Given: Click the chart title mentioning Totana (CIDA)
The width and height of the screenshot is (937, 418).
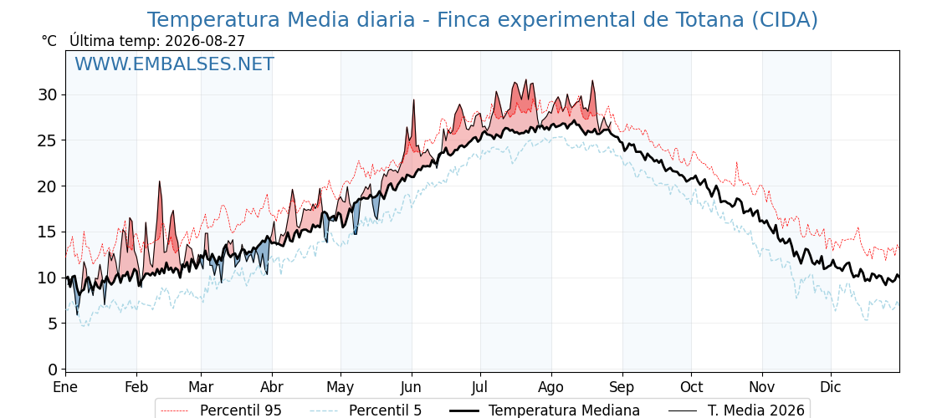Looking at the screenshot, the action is pos(482,20).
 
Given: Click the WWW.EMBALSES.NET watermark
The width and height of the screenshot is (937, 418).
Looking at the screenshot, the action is pos(175,64).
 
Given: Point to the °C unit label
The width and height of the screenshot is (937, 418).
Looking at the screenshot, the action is pos(49,41).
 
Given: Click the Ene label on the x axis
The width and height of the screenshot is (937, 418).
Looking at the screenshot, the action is pos(66,388).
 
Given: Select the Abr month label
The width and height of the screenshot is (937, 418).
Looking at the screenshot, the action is pos(272,388).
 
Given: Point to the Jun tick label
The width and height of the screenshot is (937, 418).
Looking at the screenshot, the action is pos(412,388).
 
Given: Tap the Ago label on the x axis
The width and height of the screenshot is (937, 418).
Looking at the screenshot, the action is pos(551,388).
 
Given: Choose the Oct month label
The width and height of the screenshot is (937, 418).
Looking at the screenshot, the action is pos(691,388).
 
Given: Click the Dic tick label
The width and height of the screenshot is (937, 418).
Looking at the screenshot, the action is pos(831,388).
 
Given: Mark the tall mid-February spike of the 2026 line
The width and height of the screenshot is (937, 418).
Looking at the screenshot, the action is pos(160,181).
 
